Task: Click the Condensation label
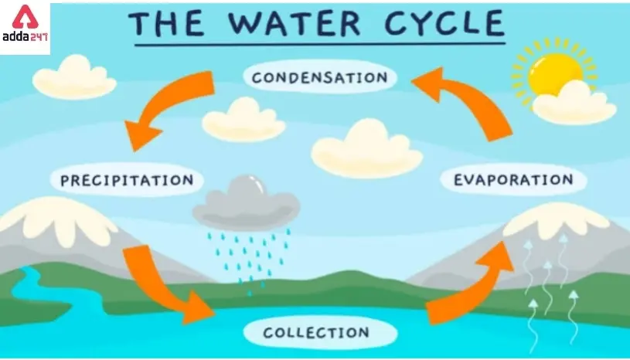[x=319, y=78]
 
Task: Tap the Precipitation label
[x=127, y=181]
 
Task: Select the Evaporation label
[x=513, y=180]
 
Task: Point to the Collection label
[x=315, y=333]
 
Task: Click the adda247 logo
[x=25, y=25]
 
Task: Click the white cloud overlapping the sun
[x=574, y=105]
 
